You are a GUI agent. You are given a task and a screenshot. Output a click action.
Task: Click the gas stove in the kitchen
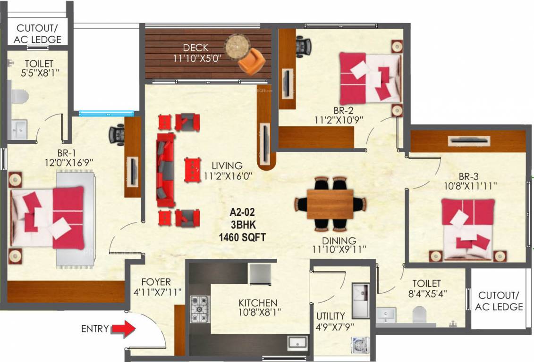click(200, 309)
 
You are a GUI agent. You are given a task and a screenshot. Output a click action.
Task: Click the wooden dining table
click(330, 204)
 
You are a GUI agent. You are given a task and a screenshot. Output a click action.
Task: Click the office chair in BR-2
click(303, 46)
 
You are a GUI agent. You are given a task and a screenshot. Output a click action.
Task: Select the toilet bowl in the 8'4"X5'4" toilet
click(420, 315)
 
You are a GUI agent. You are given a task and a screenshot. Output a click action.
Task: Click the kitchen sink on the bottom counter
click(298, 342)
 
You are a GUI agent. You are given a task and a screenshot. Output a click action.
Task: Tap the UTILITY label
click(331, 316)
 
